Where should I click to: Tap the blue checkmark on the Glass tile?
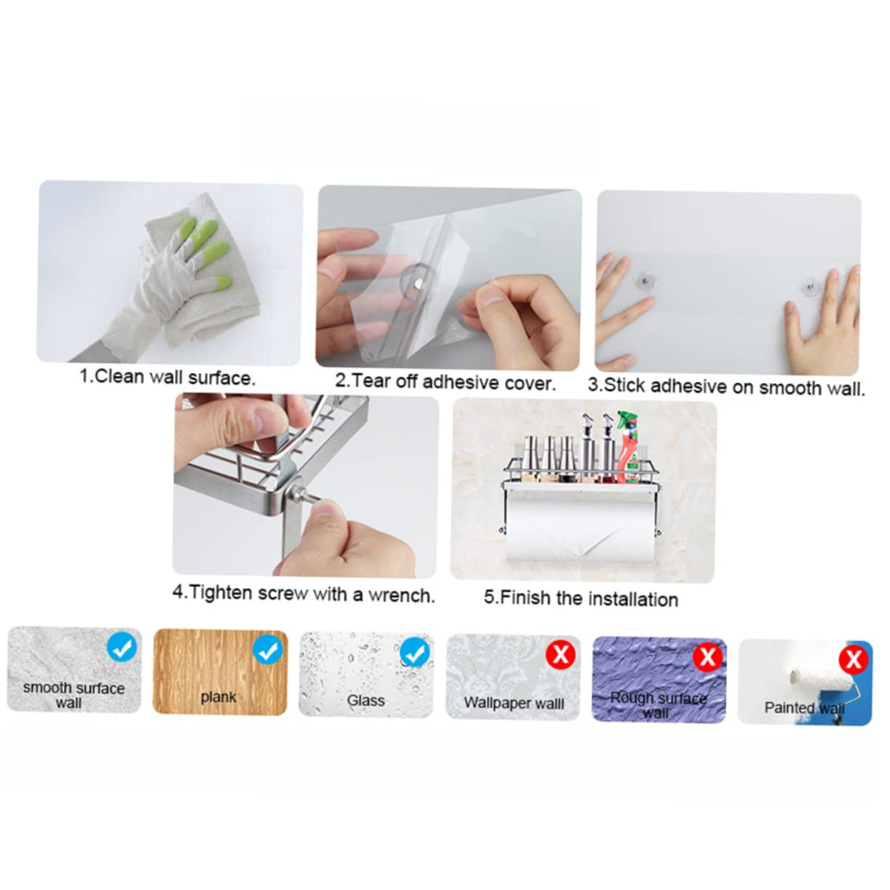(414, 653)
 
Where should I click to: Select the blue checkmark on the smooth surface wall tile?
(122, 647)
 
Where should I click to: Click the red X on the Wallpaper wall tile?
(560, 655)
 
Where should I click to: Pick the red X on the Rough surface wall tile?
(707, 656)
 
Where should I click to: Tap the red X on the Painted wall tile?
(854, 659)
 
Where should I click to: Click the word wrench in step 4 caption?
(402, 596)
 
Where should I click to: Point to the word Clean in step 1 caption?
(119, 376)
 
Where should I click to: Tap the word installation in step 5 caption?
(634, 600)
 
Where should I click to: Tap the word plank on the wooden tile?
(218, 697)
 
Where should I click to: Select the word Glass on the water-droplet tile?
(366, 701)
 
